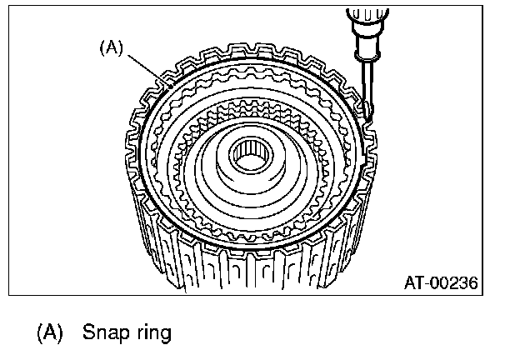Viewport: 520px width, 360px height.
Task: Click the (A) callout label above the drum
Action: click(111, 47)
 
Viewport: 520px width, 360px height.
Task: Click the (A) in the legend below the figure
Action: click(49, 332)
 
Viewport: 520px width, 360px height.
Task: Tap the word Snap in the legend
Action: click(105, 332)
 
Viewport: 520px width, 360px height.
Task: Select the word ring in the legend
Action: click(152, 332)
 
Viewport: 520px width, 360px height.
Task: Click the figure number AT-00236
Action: click(440, 283)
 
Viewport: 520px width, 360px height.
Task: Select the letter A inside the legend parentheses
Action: click(49, 332)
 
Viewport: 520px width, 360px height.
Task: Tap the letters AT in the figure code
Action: click(414, 283)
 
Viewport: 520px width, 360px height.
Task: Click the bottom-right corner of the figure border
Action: click(482, 295)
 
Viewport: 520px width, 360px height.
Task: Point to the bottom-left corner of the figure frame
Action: click(9, 295)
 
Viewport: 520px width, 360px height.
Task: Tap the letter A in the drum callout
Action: click(111, 47)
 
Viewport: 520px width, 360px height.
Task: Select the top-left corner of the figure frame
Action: click(9, 7)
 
